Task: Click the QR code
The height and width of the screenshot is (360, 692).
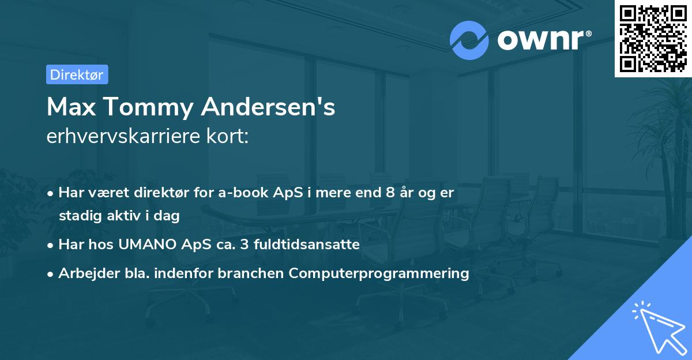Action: tap(653, 38)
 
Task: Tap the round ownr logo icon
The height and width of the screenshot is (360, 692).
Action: tap(469, 40)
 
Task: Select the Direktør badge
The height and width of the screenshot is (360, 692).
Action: tap(77, 74)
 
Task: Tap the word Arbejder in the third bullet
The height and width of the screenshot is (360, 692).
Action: tap(84, 273)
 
